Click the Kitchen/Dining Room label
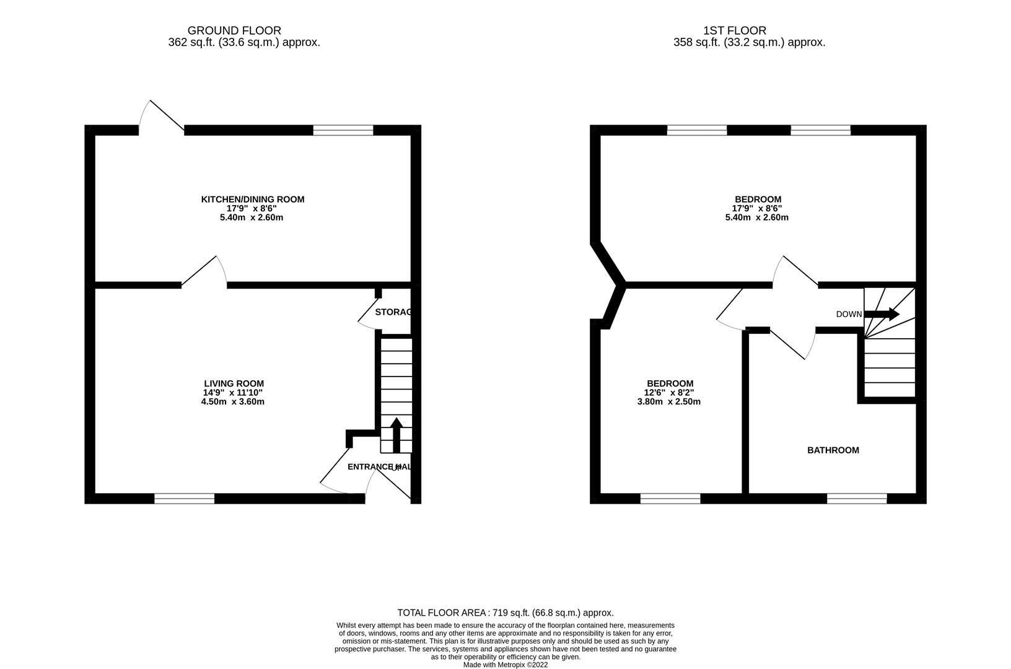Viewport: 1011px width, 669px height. [x=252, y=199]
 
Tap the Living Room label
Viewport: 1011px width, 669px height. [x=234, y=383]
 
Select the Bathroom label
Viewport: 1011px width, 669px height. [x=833, y=450]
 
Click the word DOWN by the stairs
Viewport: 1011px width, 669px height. [x=848, y=314]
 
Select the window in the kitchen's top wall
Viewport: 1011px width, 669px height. [x=343, y=130]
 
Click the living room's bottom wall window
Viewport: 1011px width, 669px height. [x=184, y=498]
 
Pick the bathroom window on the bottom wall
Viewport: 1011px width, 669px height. [x=857, y=498]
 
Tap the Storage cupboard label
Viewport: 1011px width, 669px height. [x=393, y=312]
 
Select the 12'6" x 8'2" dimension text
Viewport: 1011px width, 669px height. [x=670, y=393]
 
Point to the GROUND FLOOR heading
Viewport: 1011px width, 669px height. [x=234, y=30]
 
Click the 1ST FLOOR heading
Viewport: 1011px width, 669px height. [x=734, y=30]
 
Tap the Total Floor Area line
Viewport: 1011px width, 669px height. [x=505, y=613]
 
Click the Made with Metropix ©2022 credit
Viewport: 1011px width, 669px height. [x=505, y=665]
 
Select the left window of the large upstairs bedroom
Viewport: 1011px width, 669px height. [x=696, y=130]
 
